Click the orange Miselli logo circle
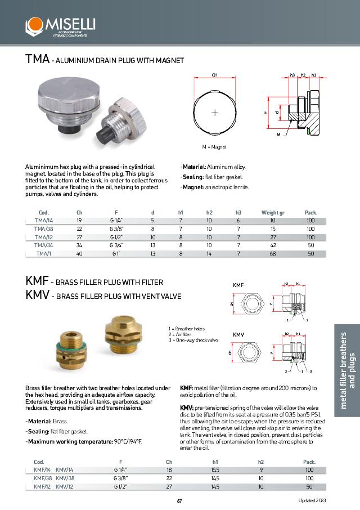34,25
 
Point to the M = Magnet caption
214,146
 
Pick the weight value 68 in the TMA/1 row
273,254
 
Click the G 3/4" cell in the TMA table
117,246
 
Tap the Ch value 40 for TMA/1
79,254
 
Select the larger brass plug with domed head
123,335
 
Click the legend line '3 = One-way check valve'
193,341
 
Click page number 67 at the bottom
179,501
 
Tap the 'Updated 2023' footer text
312,501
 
